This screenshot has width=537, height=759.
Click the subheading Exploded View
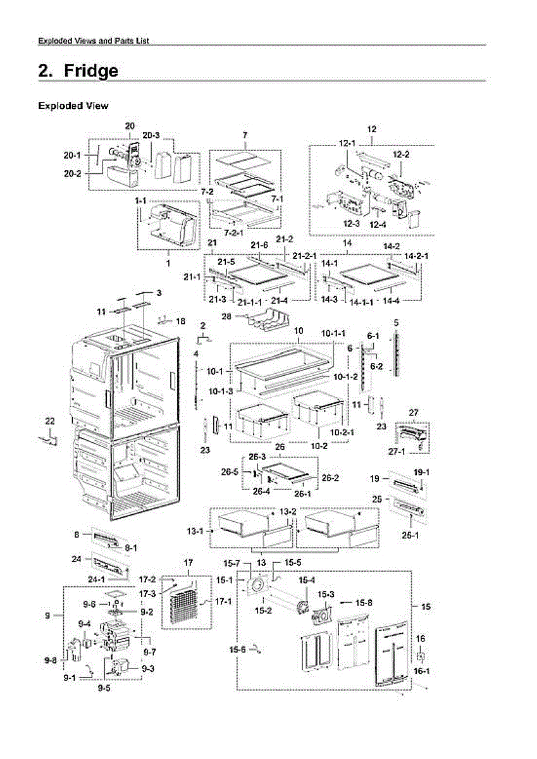[73, 106]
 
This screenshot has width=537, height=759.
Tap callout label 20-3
[151, 135]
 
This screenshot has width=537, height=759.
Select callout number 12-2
[401, 154]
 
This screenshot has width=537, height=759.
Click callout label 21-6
[259, 245]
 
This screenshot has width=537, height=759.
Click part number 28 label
[225, 315]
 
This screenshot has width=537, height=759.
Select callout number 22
[50, 421]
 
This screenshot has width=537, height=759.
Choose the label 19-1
[421, 472]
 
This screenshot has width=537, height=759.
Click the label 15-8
[364, 602]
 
